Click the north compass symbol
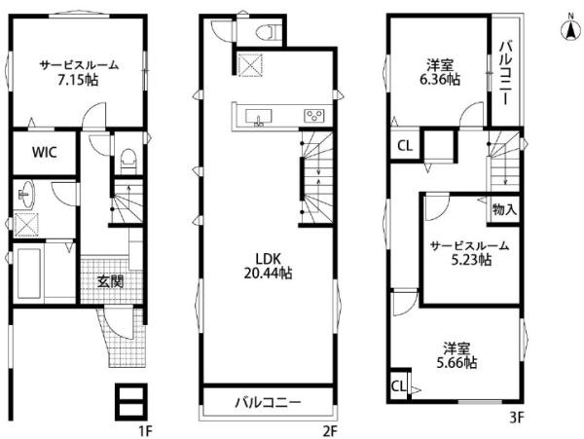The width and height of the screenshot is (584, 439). click(570, 29)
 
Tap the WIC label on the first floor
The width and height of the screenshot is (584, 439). click(45, 152)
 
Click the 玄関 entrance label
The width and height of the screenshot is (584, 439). click(110, 281)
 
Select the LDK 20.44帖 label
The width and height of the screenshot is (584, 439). click(268, 266)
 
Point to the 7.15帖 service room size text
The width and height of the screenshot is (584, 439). click(78, 80)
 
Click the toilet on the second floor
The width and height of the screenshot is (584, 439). click(267, 31)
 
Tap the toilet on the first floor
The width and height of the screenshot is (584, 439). click(128, 162)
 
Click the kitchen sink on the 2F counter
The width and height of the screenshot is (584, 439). click(259, 116)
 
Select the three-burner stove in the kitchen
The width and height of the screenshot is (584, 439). click(314, 116)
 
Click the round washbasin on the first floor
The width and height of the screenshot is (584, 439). click(26, 195)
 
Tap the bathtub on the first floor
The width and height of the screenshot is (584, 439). click(29, 273)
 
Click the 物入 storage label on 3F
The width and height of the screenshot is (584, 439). click(504, 209)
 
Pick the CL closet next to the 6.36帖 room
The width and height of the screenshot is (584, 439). click(405, 146)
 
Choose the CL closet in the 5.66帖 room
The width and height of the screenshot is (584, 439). click(398, 386)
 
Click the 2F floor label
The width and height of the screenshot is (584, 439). click(330, 431)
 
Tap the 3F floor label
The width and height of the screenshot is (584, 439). click(517, 418)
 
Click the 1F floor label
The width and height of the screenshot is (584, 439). click(146, 431)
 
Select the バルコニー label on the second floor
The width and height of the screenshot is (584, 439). click(268, 403)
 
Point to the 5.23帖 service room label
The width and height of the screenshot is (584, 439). click(470, 252)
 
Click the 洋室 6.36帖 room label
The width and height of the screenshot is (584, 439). click(440, 73)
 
